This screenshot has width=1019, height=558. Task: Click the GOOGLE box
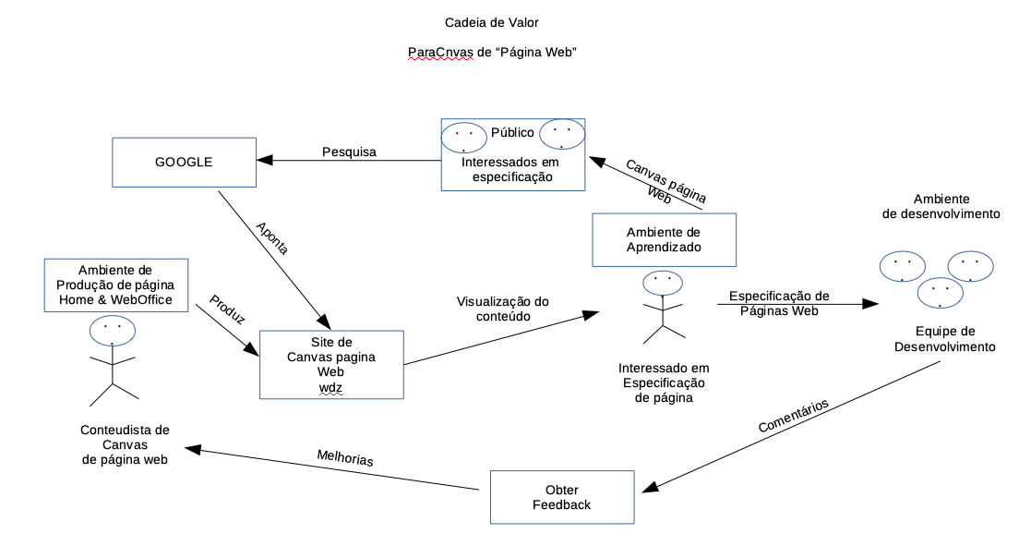(x=184, y=162)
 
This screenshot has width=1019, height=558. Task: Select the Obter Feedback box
(x=561, y=497)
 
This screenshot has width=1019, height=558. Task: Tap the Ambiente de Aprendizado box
(x=664, y=239)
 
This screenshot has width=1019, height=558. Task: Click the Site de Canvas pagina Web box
(x=331, y=365)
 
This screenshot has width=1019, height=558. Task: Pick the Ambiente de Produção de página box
(x=115, y=285)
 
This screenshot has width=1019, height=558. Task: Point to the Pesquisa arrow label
(x=349, y=152)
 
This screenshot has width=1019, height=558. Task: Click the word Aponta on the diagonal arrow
(x=272, y=237)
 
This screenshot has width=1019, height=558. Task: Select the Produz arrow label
(x=227, y=309)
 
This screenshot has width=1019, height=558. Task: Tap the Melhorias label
(x=345, y=456)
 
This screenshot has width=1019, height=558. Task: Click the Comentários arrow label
(x=793, y=416)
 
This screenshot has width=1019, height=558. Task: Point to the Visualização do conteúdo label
(x=502, y=309)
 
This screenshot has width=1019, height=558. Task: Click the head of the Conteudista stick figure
(x=112, y=330)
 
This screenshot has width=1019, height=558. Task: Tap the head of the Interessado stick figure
(x=662, y=281)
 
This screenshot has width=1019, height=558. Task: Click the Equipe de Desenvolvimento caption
(x=945, y=339)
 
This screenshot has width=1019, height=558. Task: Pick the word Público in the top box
(x=512, y=132)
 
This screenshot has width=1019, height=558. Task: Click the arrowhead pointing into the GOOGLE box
(x=264, y=161)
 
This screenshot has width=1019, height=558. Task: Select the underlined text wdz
(x=330, y=387)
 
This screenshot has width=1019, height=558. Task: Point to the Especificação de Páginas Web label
(x=779, y=303)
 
